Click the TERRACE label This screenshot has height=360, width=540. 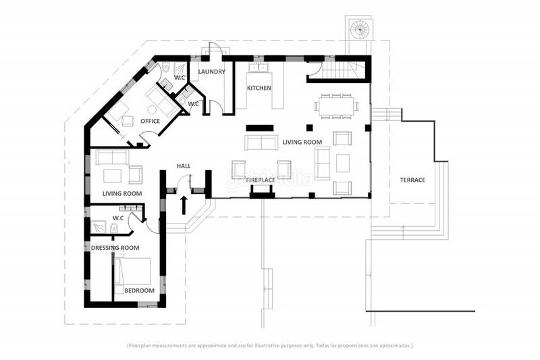pyautogui.click(x=412, y=180)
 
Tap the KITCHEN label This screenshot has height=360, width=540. pyautogui.click(x=259, y=88)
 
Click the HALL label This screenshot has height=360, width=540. pyautogui.click(x=184, y=166)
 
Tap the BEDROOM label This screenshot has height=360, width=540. pyautogui.click(x=139, y=290)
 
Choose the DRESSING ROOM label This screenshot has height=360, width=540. pyautogui.click(x=115, y=248)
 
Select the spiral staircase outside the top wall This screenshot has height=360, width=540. pyautogui.click(x=358, y=29)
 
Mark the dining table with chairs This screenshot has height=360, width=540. pyautogui.click(x=336, y=106)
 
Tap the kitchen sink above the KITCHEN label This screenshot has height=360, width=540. pyautogui.click(x=258, y=67)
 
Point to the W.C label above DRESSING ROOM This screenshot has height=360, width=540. pyautogui.click(x=117, y=218)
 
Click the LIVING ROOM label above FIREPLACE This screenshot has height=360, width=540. pyautogui.click(x=302, y=142)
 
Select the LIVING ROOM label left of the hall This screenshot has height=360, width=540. pyautogui.click(x=122, y=194)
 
